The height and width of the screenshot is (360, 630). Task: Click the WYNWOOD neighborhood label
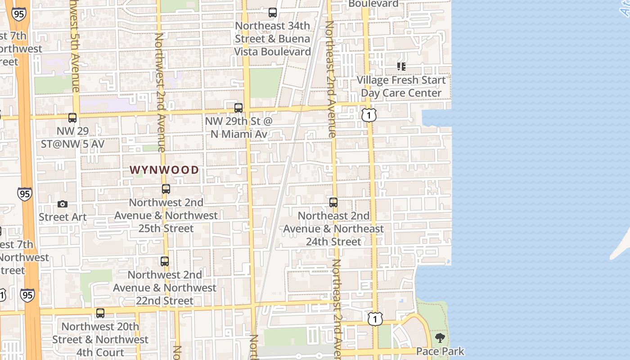(164, 170)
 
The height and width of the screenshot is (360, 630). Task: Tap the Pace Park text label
(440, 351)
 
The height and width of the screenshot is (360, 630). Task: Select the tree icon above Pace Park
(440, 338)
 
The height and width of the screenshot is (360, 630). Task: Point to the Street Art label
(63, 217)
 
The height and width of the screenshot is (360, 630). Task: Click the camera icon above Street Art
(63, 204)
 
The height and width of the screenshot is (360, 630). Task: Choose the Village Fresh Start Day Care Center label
(401, 86)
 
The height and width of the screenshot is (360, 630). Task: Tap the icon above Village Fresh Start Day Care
(401, 67)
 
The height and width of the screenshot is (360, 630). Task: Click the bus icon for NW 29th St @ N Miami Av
(238, 108)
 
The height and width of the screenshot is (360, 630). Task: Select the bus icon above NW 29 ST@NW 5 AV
(72, 118)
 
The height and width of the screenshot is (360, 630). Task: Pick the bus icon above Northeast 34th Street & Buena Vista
(273, 13)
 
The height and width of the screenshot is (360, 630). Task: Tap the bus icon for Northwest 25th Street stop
(166, 189)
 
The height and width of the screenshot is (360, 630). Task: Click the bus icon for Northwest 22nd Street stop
(165, 261)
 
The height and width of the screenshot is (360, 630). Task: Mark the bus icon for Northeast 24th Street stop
(333, 202)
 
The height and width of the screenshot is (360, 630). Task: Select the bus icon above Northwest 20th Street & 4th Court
(100, 313)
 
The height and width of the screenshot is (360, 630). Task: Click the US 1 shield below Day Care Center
(369, 115)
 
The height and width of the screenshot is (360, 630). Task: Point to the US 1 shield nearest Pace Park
(375, 319)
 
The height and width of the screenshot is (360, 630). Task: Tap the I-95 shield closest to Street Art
(25, 194)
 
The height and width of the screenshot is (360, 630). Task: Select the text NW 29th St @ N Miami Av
(238, 127)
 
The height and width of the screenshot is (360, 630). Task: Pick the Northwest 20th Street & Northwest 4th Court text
(100, 339)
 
